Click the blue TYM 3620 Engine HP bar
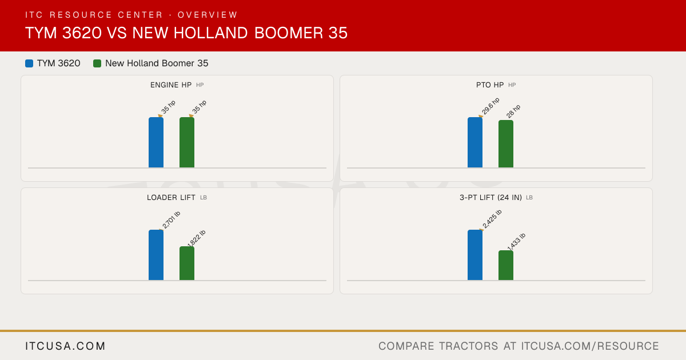[x=156, y=142]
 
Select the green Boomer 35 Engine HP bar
[x=187, y=142]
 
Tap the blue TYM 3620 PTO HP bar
[x=475, y=142]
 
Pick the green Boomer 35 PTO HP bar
[x=506, y=144]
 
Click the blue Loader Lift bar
[x=156, y=255]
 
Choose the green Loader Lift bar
[x=187, y=263]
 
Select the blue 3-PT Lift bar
[x=475, y=255]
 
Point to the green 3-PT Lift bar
[x=506, y=265]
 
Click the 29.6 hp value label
[x=490, y=106]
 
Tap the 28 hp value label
[x=513, y=111]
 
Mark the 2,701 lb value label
[x=171, y=220]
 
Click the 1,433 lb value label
[x=516, y=242]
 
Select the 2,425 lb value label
[x=492, y=219]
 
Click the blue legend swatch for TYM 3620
[x=29, y=63]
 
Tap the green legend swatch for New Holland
[x=97, y=63]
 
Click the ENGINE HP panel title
[x=171, y=85]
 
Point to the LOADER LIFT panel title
[x=171, y=198]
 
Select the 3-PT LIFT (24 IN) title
[x=490, y=198]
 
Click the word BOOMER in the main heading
[x=289, y=33]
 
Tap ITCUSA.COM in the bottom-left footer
[x=65, y=346]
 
